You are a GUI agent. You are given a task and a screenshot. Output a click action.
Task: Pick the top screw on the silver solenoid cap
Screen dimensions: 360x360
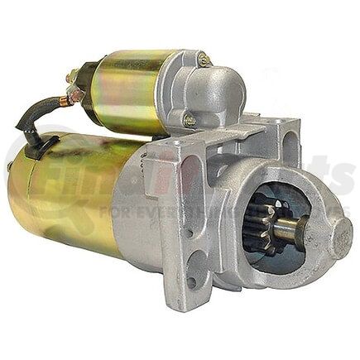coord(204,60)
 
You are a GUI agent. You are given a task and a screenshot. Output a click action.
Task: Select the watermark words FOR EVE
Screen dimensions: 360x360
coord(132,212)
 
